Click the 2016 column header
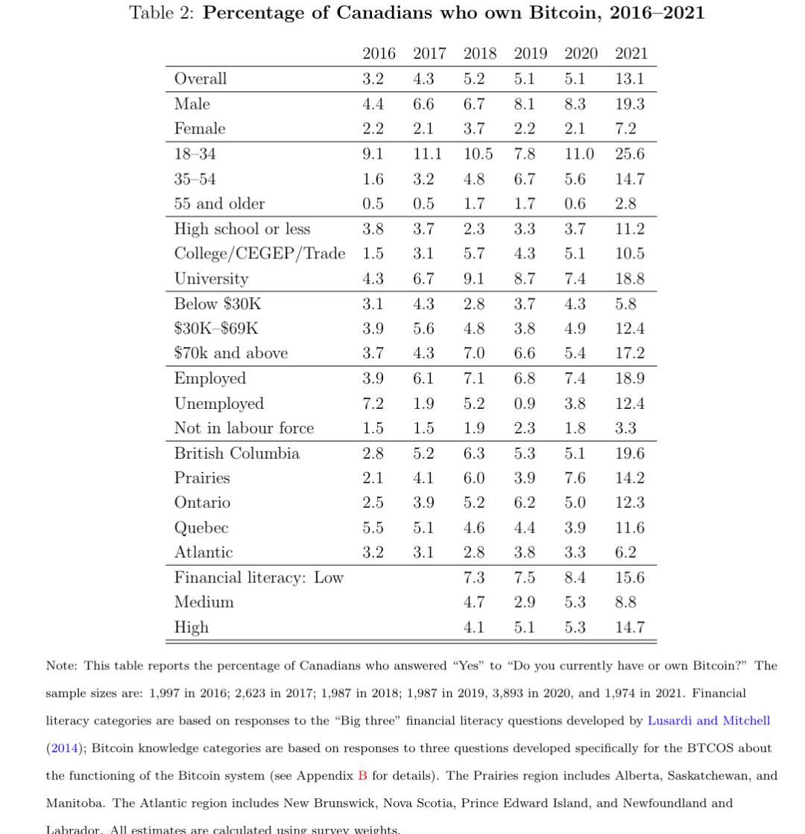coord(379,54)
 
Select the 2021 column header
coord(631,54)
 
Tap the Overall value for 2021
coord(629,79)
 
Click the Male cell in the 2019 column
coord(524,104)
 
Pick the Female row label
coord(199,129)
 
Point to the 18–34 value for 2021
coord(629,154)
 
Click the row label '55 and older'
coord(219,204)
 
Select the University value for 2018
coord(473,278)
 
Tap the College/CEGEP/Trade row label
coord(259,254)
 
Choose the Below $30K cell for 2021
coord(625,304)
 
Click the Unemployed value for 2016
coord(373,404)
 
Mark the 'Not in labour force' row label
coord(244,428)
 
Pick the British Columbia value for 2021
coord(629,453)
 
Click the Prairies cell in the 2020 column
coord(575,478)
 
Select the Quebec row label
coord(201,528)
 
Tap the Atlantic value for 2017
coord(423,553)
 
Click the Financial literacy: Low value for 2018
coord(473,578)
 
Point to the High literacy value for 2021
coord(629,628)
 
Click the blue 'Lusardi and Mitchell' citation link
coord(708,721)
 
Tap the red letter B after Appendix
coord(362,776)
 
